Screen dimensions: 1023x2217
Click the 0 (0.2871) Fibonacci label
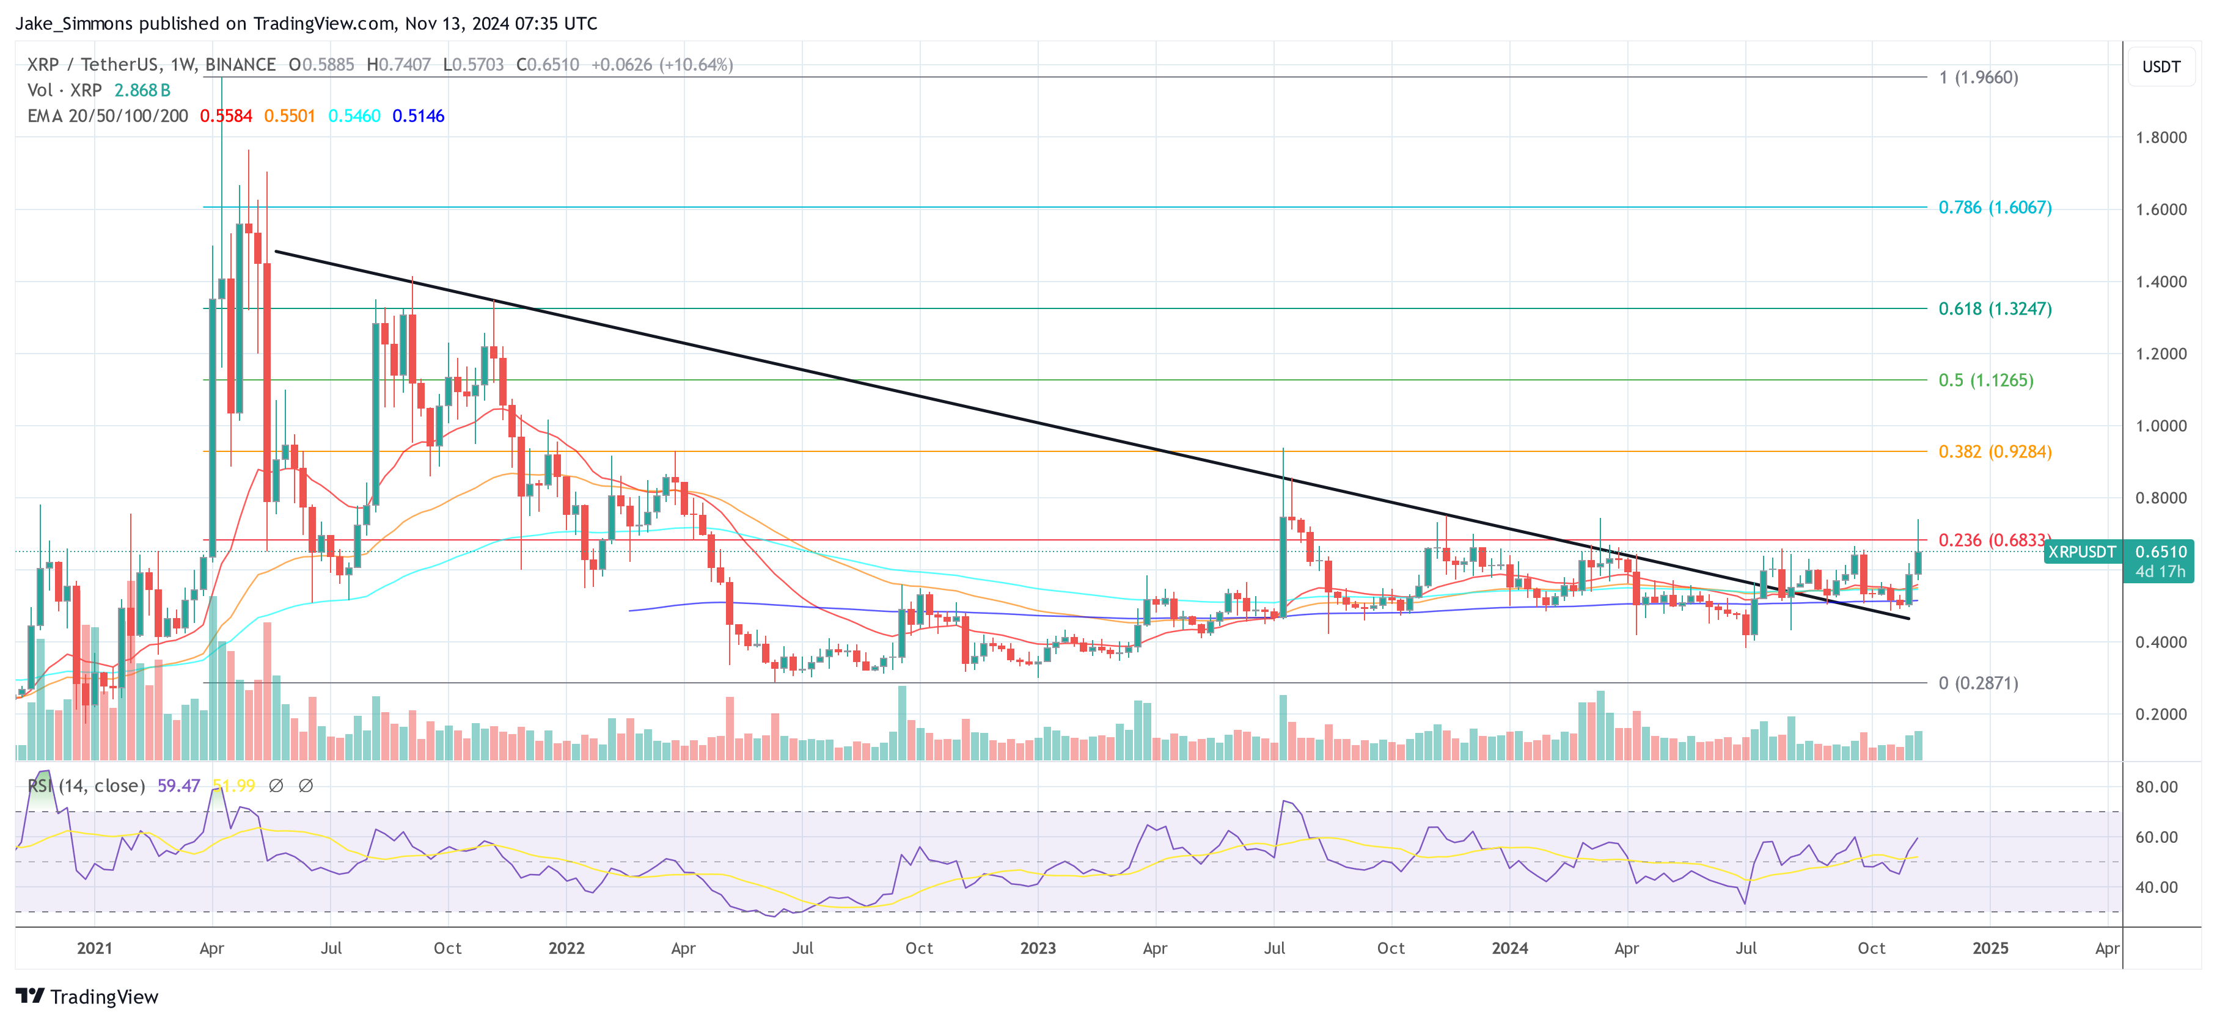(1977, 683)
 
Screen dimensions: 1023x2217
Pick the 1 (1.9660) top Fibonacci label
(1977, 78)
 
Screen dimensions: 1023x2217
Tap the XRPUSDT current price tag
(2081, 552)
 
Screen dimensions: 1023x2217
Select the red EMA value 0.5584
(225, 115)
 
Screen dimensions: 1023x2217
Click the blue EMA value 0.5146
(418, 115)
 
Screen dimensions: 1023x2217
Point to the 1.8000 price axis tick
(2160, 137)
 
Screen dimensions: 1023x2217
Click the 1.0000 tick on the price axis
(2160, 426)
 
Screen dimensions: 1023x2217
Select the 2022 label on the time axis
(566, 948)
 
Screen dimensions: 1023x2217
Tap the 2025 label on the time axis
(1990, 948)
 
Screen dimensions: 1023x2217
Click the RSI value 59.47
(178, 785)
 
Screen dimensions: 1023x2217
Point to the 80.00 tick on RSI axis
(2156, 787)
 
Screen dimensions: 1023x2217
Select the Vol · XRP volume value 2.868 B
(142, 90)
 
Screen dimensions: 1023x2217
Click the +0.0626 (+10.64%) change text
(662, 65)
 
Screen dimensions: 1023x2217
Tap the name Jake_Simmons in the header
(74, 23)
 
